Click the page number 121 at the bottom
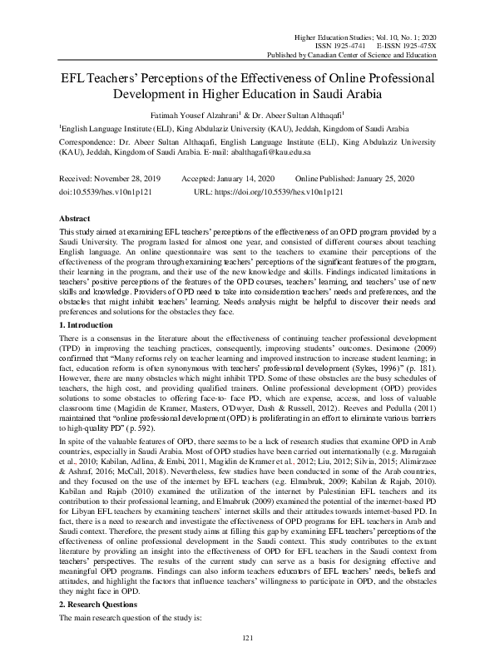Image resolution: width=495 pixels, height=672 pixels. [247, 660]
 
